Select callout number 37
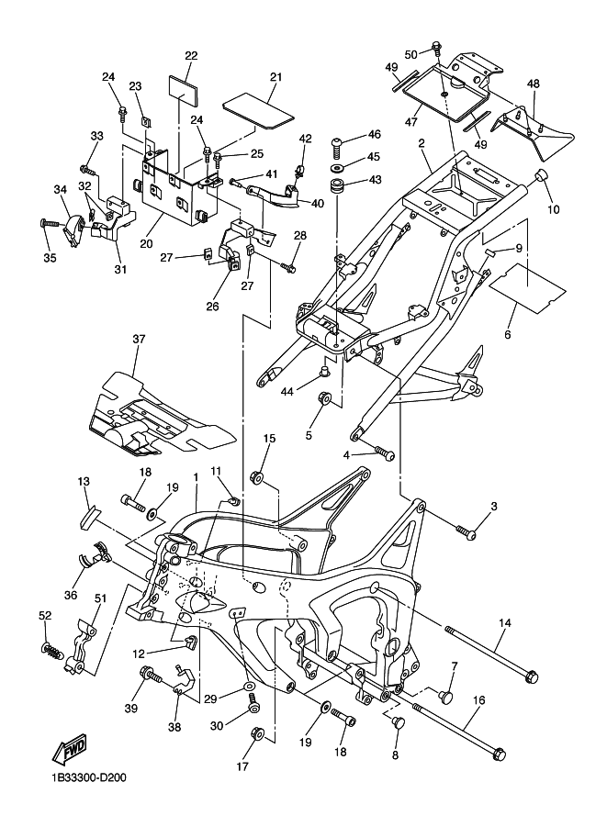(x=139, y=340)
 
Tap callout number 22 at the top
(x=191, y=56)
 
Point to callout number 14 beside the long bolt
(x=504, y=623)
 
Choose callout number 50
(x=410, y=54)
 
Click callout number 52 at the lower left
(x=44, y=615)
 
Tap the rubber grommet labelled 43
(x=338, y=187)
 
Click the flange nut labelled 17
(x=257, y=732)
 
